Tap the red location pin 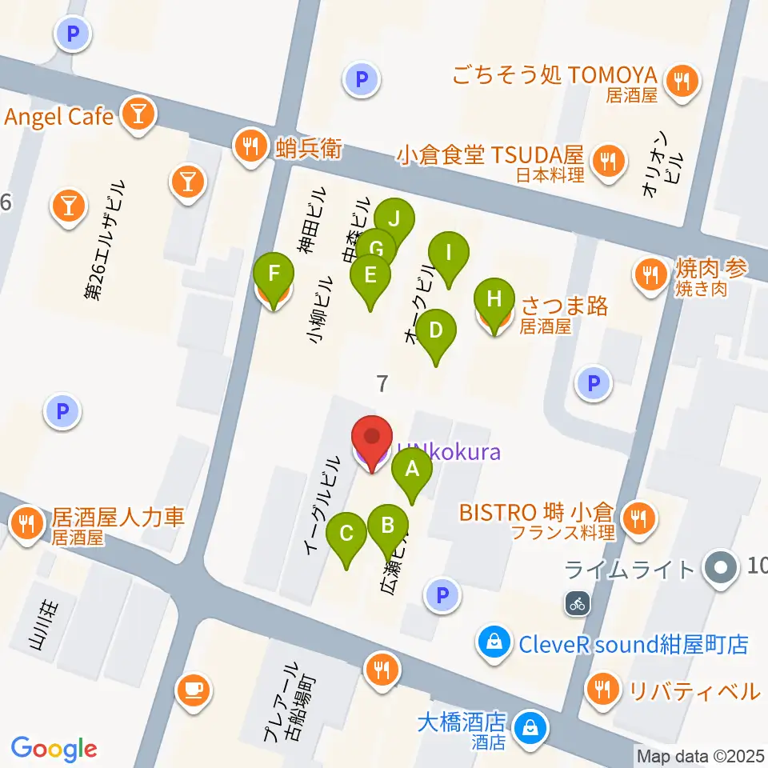pyautogui.click(x=372, y=441)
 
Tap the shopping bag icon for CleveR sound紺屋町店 pyautogui.click(x=494, y=642)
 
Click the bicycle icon pyautogui.click(x=578, y=604)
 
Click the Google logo pyautogui.click(x=54, y=750)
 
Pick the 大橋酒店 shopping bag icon pyautogui.click(x=529, y=727)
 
